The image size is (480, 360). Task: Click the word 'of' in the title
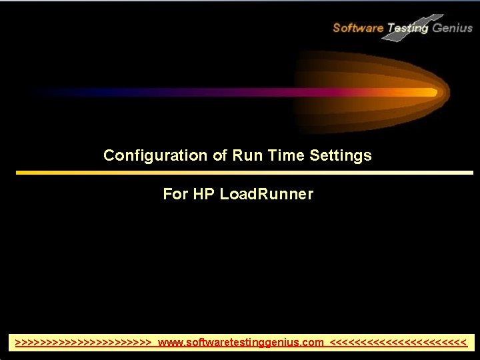click(x=220, y=156)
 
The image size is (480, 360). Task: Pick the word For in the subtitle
click(x=175, y=194)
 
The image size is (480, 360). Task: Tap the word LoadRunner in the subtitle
click(x=266, y=194)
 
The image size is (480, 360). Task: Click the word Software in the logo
click(x=358, y=28)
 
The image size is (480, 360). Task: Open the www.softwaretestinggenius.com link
click(x=241, y=343)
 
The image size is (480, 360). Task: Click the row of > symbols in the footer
click(x=84, y=343)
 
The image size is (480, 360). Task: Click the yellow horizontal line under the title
click(x=244, y=173)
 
